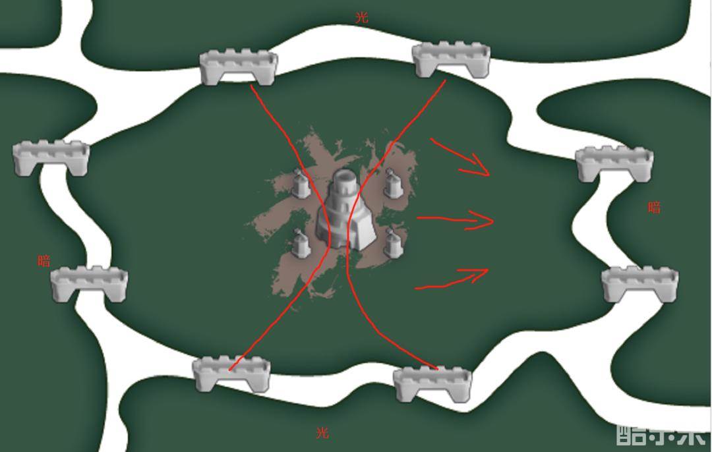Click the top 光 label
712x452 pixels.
click(x=361, y=18)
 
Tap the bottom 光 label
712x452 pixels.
click(x=322, y=433)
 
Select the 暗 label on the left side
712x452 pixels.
click(x=44, y=261)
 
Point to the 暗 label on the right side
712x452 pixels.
click(x=654, y=208)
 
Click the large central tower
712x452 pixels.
click(x=347, y=209)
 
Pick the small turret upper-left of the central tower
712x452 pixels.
click(x=300, y=183)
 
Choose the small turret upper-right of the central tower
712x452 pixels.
click(x=393, y=183)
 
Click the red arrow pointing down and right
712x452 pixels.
click(x=460, y=157)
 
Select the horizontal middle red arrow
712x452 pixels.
click(x=455, y=220)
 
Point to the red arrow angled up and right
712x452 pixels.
click(x=452, y=278)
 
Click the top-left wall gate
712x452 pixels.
click(x=239, y=67)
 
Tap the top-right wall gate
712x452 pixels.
click(x=452, y=61)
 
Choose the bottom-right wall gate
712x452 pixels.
click(x=432, y=384)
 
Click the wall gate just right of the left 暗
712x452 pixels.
click(x=89, y=284)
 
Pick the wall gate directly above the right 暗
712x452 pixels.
click(x=615, y=164)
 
